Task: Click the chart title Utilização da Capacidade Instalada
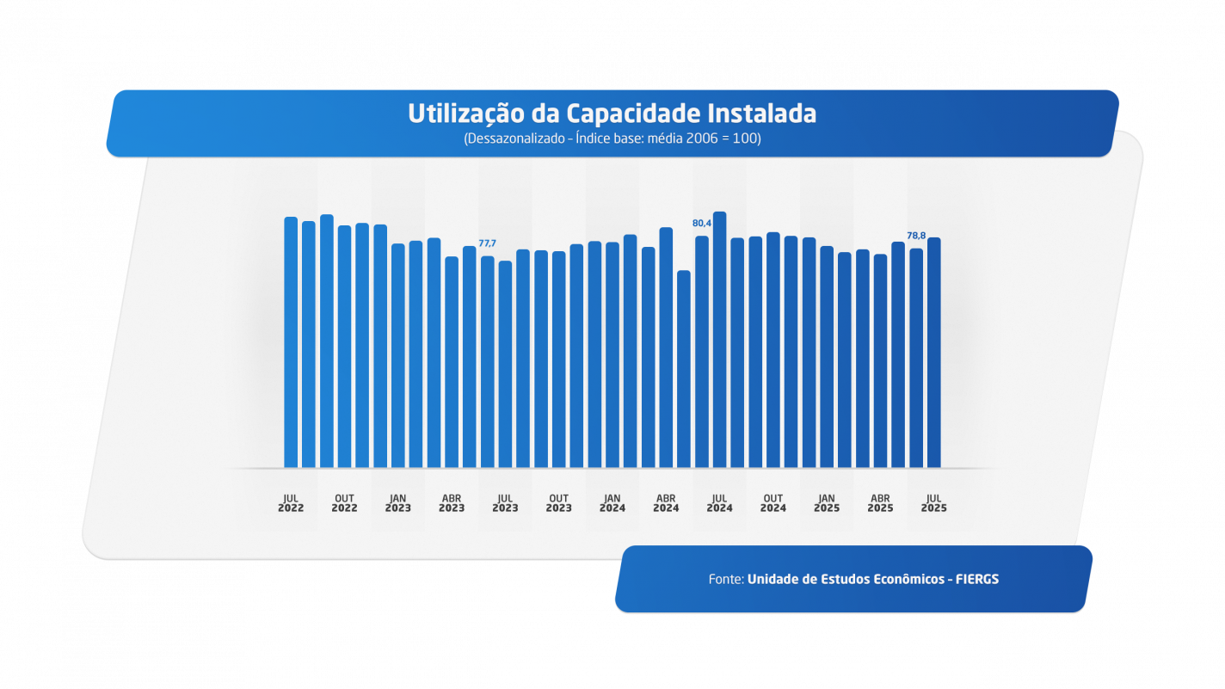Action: pos(612,114)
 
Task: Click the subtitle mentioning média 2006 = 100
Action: pos(612,138)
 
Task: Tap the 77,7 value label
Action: pos(487,243)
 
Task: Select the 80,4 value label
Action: pos(702,224)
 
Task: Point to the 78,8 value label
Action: pos(916,236)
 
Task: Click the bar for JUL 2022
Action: pos(291,344)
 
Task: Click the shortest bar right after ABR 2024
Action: pos(684,370)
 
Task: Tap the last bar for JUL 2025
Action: pos(934,353)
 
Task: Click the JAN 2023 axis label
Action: pos(397,503)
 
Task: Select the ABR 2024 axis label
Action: pos(666,503)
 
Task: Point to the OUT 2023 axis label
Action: pos(558,503)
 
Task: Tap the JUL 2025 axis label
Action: pos(933,503)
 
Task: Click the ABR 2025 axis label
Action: pos(880,503)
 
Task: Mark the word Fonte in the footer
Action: pos(726,580)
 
